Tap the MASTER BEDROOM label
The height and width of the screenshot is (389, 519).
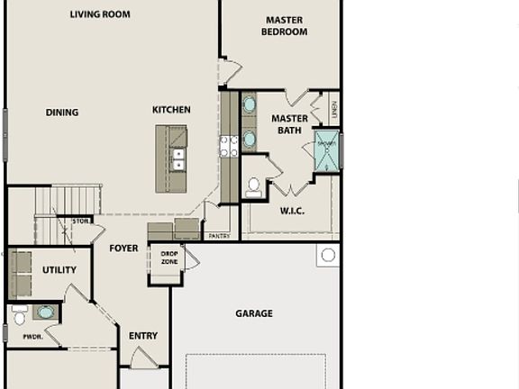click(x=284, y=26)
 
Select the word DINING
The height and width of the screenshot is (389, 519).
click(x=62, y=113)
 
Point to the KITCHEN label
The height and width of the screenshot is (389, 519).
click(x=171, y=110)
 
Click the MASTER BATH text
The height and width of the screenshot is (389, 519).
click(x=289, y=124)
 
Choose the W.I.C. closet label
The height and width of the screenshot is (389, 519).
click(x=292, y=211)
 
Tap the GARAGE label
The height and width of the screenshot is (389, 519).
click(x=254, y=313)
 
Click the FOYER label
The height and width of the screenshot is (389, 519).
click(x=123, y=249)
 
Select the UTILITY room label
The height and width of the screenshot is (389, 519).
click(x=59, y=270)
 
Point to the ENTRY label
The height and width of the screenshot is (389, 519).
click(x=143, y=336)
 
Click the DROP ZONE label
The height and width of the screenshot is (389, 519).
click(x=169, y=258)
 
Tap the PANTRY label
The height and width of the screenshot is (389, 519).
click(x=219, y=236)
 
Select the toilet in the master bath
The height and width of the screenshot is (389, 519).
click(x=254, y=187)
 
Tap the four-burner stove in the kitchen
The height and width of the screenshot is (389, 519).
click(x=229, y=146)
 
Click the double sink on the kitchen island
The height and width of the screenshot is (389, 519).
click(x=178, y=159)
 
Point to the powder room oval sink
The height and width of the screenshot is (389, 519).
click(x=45, y=312)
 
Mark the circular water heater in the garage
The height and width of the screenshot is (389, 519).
click(x=328, y=256)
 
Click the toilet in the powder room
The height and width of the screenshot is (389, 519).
click(x=19, y=317)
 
